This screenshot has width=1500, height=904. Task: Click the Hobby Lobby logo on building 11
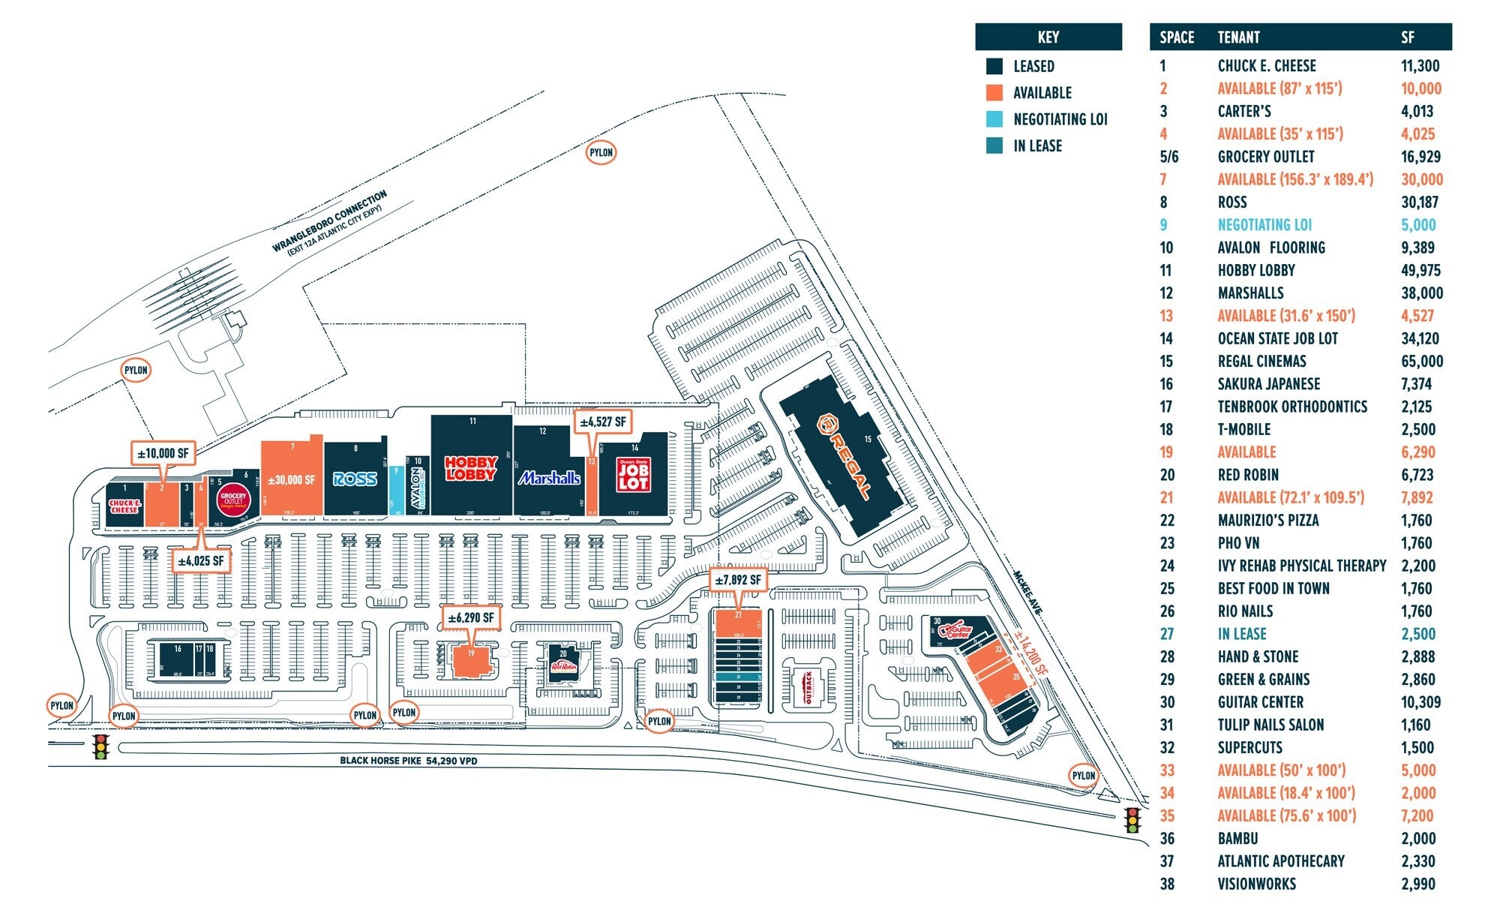tap(471, 468)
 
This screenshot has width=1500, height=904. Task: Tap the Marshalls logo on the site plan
tap(550, 478)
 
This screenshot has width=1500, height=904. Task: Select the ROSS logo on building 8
tap(355, 479)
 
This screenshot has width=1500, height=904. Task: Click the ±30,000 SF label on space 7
tap(291, 480)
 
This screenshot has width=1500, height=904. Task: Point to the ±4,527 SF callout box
tap(602, 422)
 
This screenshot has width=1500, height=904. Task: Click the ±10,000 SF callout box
tap(163, 453)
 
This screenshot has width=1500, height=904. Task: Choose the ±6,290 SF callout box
tap(470, 617)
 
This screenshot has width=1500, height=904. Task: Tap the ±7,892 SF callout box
tap(737, 580)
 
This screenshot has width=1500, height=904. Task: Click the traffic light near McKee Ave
tap(1132, 820)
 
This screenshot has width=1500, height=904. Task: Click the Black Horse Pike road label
tap(409, 761)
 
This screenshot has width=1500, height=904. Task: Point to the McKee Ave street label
tap(1027, 593)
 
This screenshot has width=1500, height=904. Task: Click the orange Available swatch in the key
tap(994, 93)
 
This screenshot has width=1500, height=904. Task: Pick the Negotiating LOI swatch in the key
tap(994, 119)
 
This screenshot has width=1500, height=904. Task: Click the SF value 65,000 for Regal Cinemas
tap(1421, 362)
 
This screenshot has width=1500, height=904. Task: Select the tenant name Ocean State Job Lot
tap(1277, 339)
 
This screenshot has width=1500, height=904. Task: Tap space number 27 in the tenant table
tap(1166, 634)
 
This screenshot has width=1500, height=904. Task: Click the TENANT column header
tap(1238, 38)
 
